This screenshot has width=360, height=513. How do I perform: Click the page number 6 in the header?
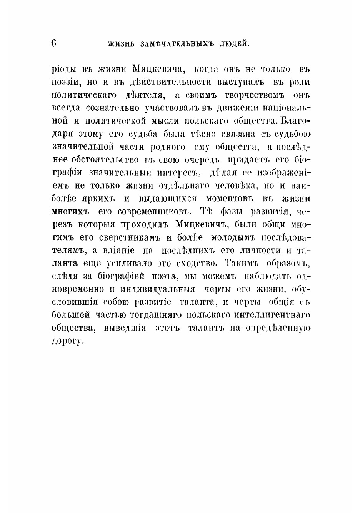click(x=53, y=43)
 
